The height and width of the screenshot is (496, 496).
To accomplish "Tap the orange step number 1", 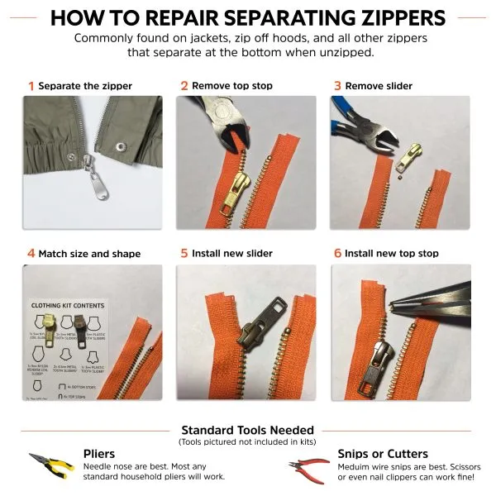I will [x=31, y=85].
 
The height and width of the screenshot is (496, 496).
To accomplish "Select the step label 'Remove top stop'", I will [x=231, y=85].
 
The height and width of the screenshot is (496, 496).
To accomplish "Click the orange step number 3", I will [x=336, y=85].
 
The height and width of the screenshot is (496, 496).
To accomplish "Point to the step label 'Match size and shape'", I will [x=89, y=254].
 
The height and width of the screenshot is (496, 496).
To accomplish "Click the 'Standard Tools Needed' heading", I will [x=247, y=430].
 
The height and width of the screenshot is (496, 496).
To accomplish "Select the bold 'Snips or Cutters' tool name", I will [x=383, y=453].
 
